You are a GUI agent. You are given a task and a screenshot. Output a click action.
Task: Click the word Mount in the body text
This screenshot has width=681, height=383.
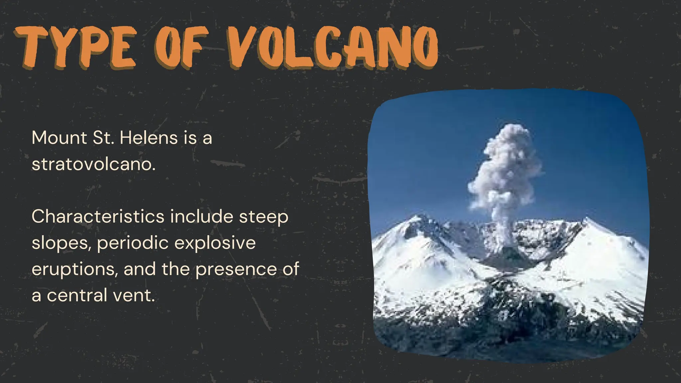point(59,138)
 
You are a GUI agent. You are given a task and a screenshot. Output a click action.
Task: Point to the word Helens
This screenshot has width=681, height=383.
point(149,138)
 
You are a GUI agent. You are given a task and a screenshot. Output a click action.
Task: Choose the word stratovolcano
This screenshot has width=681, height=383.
point(93,164)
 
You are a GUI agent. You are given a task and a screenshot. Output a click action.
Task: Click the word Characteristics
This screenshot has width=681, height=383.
point(98,216)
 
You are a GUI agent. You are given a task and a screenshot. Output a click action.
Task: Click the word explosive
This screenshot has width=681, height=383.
point(215,243)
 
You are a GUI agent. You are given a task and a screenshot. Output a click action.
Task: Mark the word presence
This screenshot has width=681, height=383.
point(236,270)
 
